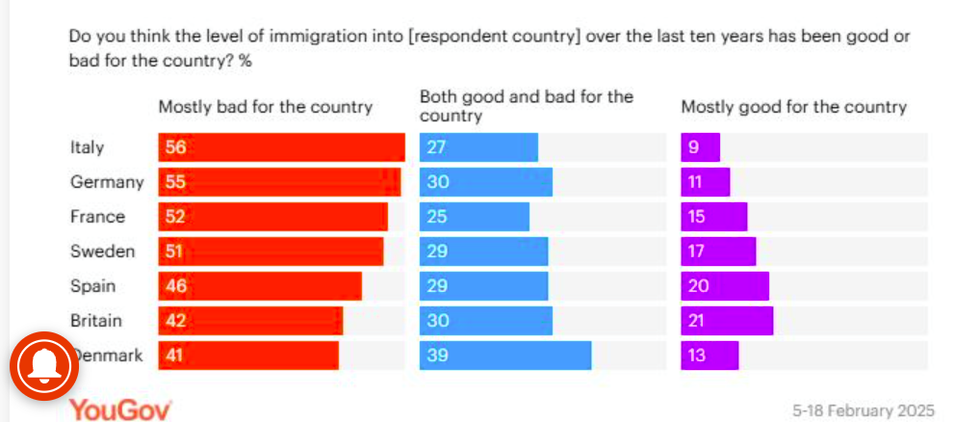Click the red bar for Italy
281,147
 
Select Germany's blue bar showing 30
486,182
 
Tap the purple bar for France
713,217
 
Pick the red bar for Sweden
271,251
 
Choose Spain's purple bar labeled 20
725,286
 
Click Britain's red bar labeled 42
250,321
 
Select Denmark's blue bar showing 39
505,356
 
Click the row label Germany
106,182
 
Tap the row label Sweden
102,251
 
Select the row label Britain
97,321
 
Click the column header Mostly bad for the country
265,107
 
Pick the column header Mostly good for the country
794,107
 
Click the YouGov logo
120,409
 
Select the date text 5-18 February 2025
863,410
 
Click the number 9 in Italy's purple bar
691,148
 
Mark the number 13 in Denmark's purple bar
697,356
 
